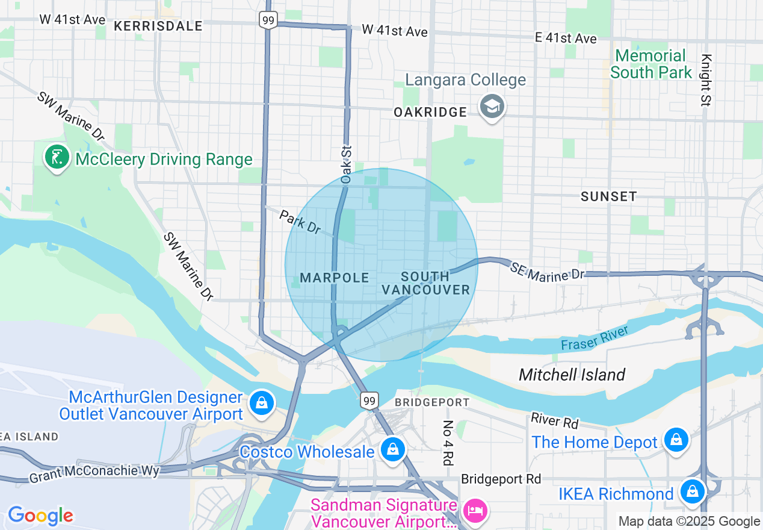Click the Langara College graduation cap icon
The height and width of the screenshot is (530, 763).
point(492,107)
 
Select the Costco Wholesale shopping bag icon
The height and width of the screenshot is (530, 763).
point(392,449)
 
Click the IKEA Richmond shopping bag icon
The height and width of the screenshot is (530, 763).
point(693,491)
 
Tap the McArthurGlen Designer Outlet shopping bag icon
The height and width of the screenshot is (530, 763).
point(262,402)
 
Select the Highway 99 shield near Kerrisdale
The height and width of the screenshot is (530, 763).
point(268,20)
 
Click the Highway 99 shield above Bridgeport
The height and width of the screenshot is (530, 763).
point(369,399)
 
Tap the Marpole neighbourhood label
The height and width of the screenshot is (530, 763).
point(335,278)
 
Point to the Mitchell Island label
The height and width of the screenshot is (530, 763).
point(572,375)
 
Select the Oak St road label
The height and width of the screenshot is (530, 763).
point(345,163)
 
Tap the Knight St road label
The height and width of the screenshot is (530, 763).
point(706,81)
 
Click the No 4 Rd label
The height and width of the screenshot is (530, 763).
point(447,443)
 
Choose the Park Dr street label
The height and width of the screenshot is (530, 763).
point(300,221)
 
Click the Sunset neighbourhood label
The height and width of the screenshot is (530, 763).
point(608,196)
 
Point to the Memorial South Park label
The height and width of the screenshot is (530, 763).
point(650,64)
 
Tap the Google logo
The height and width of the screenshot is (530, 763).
point(40,516)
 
